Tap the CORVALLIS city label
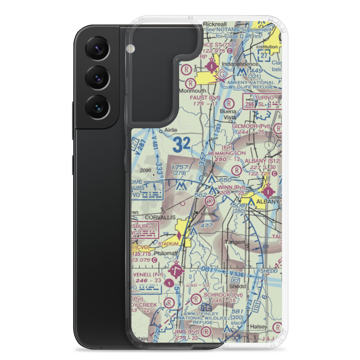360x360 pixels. [160, 217]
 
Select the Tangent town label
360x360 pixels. [235, 242]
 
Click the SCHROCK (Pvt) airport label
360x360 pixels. [223, 295]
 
